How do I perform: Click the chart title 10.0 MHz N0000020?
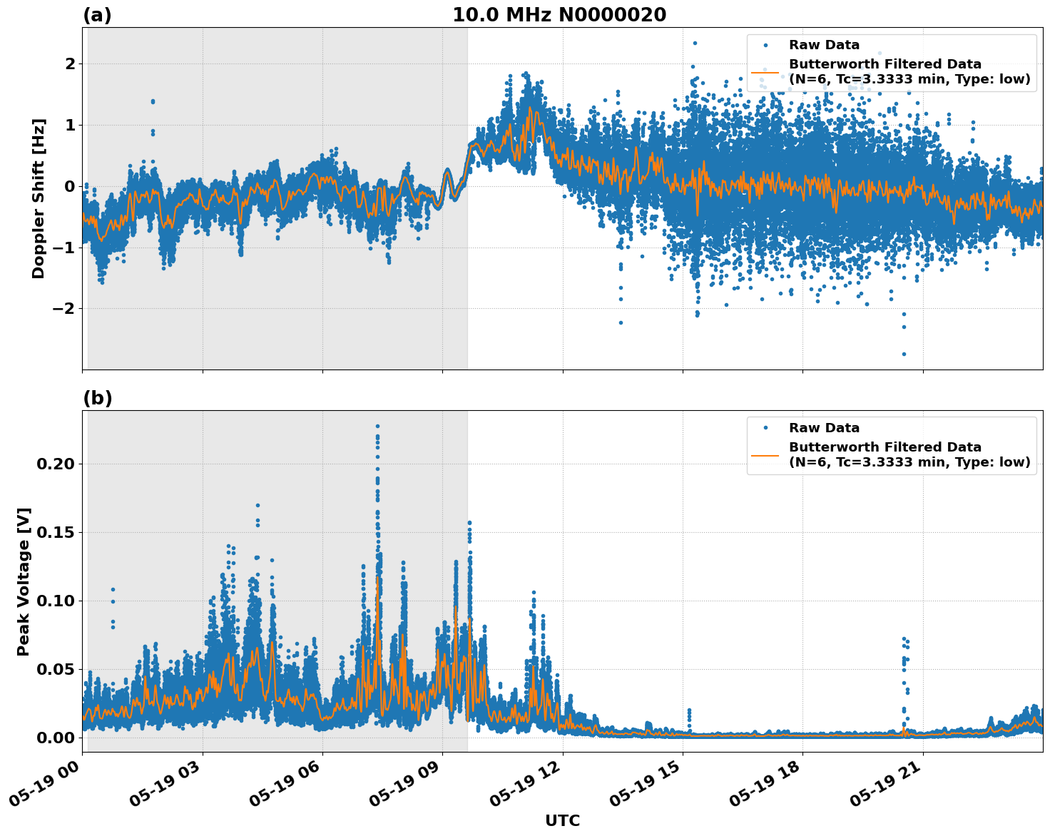(559, 15)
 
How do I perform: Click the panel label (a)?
(97, 15)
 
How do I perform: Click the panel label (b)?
(97, 398)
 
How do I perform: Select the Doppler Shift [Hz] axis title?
(39, 198)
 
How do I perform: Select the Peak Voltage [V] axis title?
(24, 581)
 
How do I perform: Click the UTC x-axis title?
(562, 820)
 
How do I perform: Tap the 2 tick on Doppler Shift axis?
(70, 64)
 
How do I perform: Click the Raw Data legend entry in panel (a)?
(824, 45)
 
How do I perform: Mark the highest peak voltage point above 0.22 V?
(377, 426)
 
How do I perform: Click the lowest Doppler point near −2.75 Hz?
(904, 354)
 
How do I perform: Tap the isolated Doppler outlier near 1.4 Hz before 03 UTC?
(153, 101)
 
